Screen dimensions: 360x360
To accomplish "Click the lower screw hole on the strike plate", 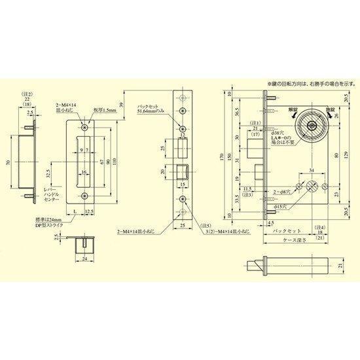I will pos(84,196).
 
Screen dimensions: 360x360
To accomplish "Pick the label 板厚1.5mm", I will pos(105,111).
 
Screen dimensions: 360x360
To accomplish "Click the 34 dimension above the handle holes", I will pos(308,172).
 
